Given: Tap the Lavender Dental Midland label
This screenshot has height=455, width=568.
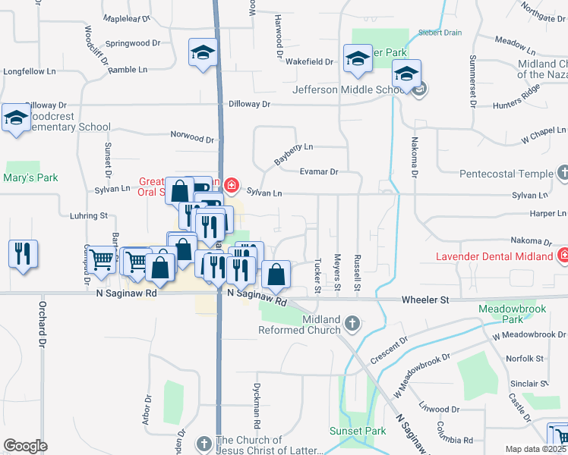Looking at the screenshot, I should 494,256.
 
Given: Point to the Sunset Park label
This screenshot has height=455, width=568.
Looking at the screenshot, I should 357,431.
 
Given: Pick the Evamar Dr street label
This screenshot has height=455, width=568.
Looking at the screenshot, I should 319,172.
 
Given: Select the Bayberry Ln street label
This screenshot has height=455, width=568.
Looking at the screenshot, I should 293,154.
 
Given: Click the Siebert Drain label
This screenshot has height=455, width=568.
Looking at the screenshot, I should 440,33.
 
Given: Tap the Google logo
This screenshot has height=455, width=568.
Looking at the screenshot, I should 25,446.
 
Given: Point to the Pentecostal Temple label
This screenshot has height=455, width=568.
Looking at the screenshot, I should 506,174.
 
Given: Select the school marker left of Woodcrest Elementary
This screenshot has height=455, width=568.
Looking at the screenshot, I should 16,119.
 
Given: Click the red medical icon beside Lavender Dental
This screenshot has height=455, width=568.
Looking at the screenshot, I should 563,256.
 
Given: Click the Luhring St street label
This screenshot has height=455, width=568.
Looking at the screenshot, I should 88,216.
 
